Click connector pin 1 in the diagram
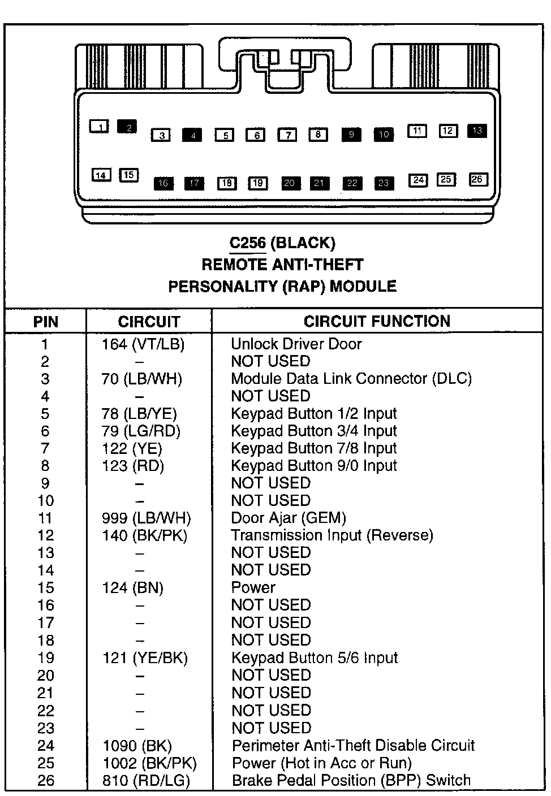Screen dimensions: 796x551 pyautogui.click(x=100, y=127)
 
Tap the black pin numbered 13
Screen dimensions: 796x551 pyautogui.click(x=477, y=131)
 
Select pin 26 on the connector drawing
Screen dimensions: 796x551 pyautogui.click(x=477, y=179)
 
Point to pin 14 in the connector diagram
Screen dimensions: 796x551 pyautogui.click(x=101, y=175)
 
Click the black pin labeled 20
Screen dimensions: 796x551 pyautogui.click(x=290, y=183)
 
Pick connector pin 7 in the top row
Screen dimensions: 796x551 pyautogui.click(x=287, y=135)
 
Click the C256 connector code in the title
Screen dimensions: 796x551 pyautogui.click(x=247, y=243)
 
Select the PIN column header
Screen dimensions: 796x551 pyautogui.click(x=46, y=322)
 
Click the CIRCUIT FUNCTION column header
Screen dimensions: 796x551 pyautogui.click(x=377, y=322)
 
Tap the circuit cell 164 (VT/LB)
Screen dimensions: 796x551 pyautogui.click(x=143, y=344)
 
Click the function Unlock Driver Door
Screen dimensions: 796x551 pyautogui.click(x=296, y=344)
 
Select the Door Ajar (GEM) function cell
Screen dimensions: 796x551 pyautogui.click(x=289, y=518)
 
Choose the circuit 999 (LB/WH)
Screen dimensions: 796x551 pyautogui.click(x=147, y=518)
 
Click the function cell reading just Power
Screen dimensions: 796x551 pyautogui.click(x=253, y=587)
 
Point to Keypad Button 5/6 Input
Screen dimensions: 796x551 pyautogui.click(x=315, y=657)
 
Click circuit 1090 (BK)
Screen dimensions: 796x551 pyautogui.click(x=137, y=746)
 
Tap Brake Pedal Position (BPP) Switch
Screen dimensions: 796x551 pyautogui.click(x=351, y=781)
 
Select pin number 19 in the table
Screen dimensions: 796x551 pyautogui.click(x=46, y=657)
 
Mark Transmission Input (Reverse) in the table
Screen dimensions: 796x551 pyautogui.click(x=332, y=535)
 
